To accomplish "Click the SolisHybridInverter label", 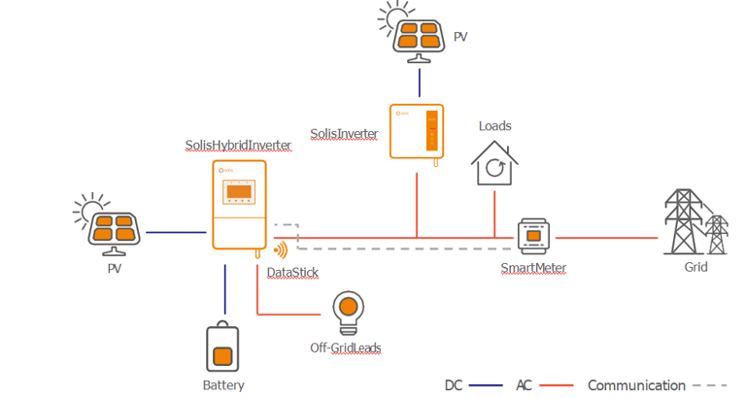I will coord(238,146).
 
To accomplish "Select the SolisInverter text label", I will coord(344,133).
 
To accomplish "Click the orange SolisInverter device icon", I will coord(417,130).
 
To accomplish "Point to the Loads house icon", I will coord(494,163).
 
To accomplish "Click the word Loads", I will coord(494,126).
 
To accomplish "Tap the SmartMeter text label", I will coord(533,268).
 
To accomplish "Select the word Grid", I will coord(695,267).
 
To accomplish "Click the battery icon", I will coord(222,348).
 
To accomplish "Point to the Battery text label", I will coord(223,385).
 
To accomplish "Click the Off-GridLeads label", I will coord(347,348).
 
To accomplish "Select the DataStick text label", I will coord(292,274).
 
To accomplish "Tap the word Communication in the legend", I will coord(636,385).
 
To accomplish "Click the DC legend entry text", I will coord(454,385).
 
